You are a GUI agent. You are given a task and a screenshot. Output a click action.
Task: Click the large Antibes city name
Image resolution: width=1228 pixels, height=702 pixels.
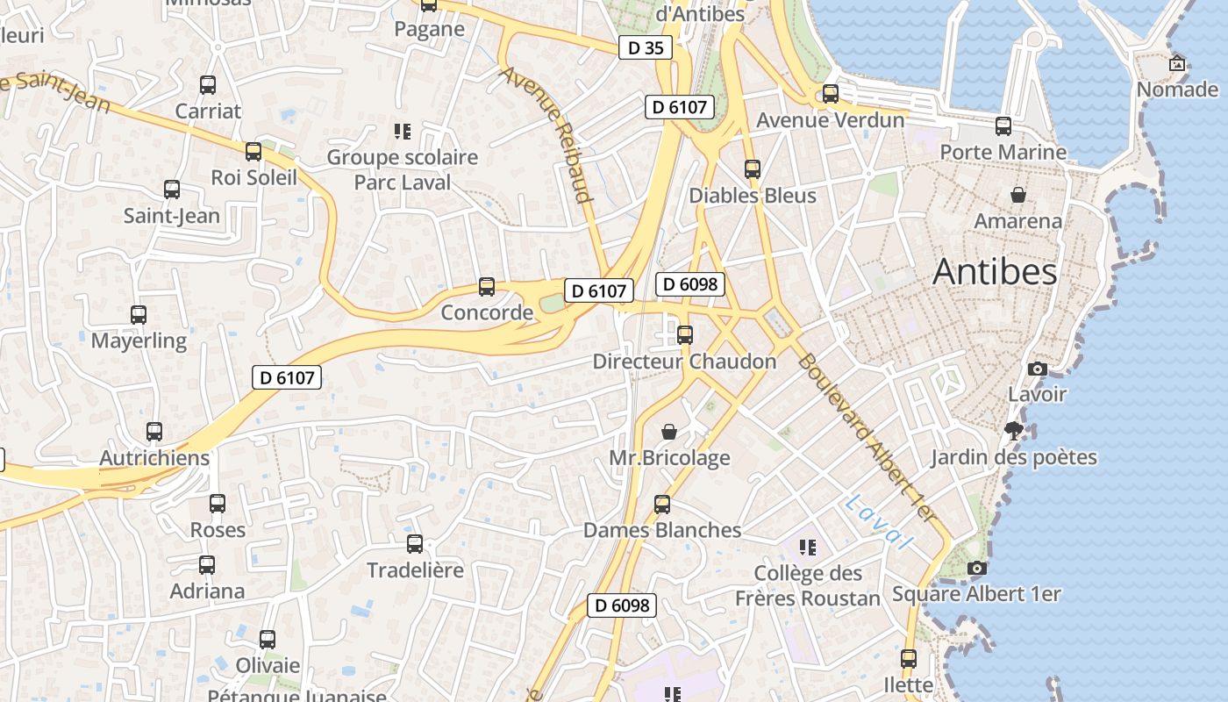(x=995, y=272)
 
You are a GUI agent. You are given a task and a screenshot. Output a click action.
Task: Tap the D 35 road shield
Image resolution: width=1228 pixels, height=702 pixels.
(x=646, y=47)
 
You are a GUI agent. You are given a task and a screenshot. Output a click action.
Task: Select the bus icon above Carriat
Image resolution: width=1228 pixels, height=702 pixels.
(x=208, y=85)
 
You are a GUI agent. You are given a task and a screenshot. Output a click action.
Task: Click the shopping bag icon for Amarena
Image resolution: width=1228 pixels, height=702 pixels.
(x=1018, y=195)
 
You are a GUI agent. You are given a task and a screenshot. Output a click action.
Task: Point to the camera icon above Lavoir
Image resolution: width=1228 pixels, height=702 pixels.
(x=1038, y=369)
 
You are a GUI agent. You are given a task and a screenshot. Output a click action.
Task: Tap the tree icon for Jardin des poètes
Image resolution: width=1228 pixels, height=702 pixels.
(x=1014, y=430)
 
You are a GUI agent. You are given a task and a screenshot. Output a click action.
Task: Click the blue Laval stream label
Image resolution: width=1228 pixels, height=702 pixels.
(x=878, y=521)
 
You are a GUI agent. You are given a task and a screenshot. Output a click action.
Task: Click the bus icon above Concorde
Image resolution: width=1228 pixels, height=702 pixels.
(x=487, y=287)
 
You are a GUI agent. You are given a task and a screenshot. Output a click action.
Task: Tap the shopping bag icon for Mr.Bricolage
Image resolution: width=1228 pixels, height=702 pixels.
(x=669, y=432)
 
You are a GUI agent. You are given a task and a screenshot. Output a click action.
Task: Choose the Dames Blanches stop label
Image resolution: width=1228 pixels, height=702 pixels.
(x=662, y=530)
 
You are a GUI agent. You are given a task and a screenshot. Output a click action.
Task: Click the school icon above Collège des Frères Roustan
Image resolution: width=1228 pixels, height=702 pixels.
(x=808, y=548)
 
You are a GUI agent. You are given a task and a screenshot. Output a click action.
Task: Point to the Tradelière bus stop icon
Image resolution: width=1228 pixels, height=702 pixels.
(x=415, y=544)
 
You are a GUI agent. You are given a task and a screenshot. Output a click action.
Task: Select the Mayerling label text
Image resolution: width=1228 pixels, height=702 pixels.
(x=139, y=340)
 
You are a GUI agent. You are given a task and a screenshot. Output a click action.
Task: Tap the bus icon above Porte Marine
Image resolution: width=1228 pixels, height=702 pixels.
(x=1003, y=126)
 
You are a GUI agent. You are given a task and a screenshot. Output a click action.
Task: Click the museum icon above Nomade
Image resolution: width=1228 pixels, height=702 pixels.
(x=1177, y=63)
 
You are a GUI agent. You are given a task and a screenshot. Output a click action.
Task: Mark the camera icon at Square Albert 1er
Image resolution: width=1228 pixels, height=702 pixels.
(x=976, y=569)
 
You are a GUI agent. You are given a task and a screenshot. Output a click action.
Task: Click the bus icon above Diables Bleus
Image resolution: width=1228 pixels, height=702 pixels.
(x=753, y=169)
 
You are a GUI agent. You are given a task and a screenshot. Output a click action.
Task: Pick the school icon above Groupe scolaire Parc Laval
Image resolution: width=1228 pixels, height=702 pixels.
(x=403, y=132)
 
